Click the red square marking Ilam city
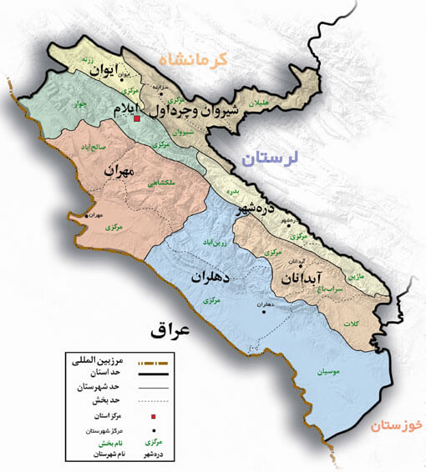(138, 119)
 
